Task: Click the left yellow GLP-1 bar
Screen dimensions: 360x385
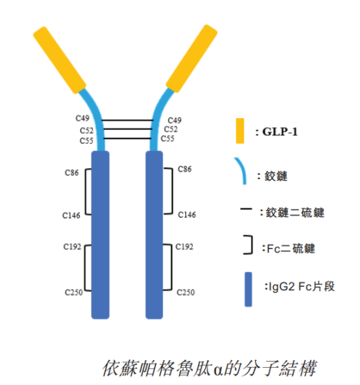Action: pyautogui.click(x=60, y=60)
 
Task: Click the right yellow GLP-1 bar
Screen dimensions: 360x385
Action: pyautogui.click(x=191, y=59)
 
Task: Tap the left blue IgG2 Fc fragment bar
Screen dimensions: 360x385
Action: pyautogui.click(x=100, y=235)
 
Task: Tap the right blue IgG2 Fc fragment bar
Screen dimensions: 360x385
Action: pyautogui.click(x=154, y=235)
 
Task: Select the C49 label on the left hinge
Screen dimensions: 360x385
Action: pyautogui.click(x=82, y=118)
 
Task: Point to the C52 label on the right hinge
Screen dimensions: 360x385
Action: pyautogui.click(x=171, y=129)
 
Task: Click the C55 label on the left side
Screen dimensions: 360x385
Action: pyautogui.click(x=86, y=141)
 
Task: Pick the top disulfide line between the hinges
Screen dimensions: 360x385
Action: pyautogui.click(x=128, y=120)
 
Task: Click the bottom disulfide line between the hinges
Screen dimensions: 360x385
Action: pyautogui.click(x=128, y=139)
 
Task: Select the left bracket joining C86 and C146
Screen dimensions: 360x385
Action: pyautogui.click(x=86, y=191)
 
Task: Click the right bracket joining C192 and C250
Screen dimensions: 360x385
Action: pyautogui.click(x=171, y=267)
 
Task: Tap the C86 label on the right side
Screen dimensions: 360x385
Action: pyautogui.click(x=184, y=169)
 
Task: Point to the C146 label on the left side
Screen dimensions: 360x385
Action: pyautogui.click(x=71, y=215)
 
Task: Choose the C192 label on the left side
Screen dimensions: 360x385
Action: pyautogui.click(x=72, y=246)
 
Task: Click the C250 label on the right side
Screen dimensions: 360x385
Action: pyautogui.click(x=186, y=292)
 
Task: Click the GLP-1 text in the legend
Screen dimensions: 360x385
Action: pyautogui.click(x=280, y=132)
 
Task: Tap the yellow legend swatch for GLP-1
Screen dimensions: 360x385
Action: pyautogui.click(x=240, y=130)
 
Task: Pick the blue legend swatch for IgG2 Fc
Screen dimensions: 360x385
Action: pyautogui.click(x=248, y=289)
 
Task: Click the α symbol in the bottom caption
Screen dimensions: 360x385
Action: pyautogui.click(x=219, y=369)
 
